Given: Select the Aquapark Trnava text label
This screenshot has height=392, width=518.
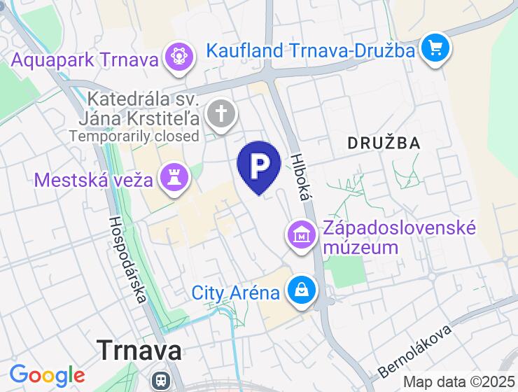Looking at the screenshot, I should tap(85, 60).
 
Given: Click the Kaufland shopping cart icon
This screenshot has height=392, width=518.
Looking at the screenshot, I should tap(435, 48).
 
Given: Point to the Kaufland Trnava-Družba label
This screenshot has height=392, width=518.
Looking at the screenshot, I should tap(312, 50).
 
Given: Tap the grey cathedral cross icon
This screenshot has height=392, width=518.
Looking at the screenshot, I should tap(221, 114).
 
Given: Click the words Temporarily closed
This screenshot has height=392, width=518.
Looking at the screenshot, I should tap(134, 136).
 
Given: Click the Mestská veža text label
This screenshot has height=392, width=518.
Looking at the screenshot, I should tap(94, 180).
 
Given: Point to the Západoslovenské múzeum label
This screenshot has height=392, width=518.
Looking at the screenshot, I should tap(399, 238).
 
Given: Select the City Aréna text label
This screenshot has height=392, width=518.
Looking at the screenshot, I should tap(236, 293).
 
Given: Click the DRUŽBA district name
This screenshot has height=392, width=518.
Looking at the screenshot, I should tap(384, 143).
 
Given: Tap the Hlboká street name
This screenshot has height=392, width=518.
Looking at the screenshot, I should tap(299, 177).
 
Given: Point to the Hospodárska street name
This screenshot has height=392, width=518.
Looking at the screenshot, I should tap(128, 259).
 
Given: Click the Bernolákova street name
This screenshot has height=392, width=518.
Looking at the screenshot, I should tap(414, 349).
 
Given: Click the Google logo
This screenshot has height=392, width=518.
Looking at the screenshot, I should tap(47, 376).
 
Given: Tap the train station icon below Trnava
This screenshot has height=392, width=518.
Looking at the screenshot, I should tap(162, 380).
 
